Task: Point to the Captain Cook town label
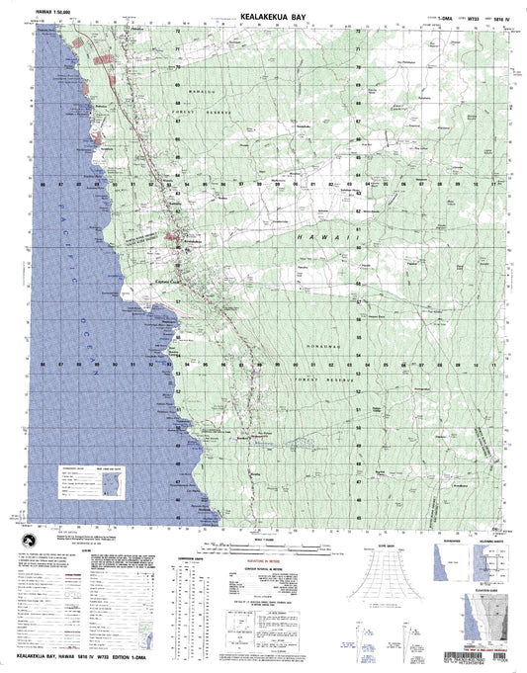tap(164, 283)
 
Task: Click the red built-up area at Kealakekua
tap(178, 237)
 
